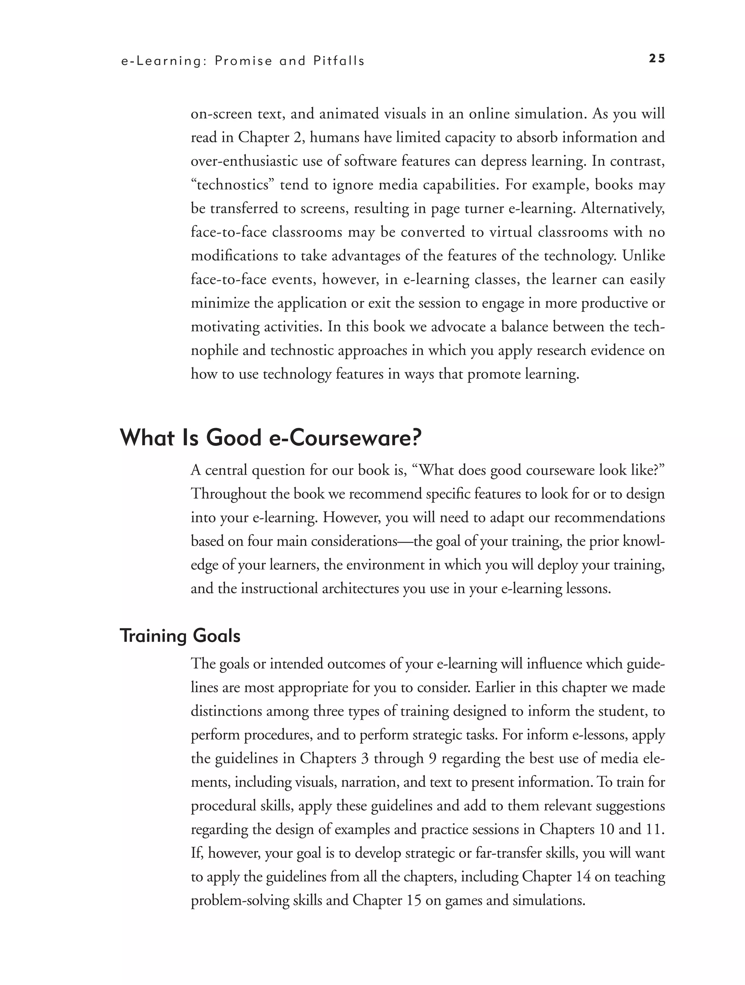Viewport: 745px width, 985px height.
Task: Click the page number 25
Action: [657, 59]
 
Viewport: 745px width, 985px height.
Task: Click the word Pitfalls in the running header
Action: [339, 61]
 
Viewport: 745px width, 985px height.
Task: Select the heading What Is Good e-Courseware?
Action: [270, 439]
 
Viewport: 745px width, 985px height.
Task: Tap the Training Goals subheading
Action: [180, 636]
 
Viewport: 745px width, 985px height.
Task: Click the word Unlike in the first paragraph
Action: [644, 256]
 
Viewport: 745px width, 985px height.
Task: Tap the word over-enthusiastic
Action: [244, 161]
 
